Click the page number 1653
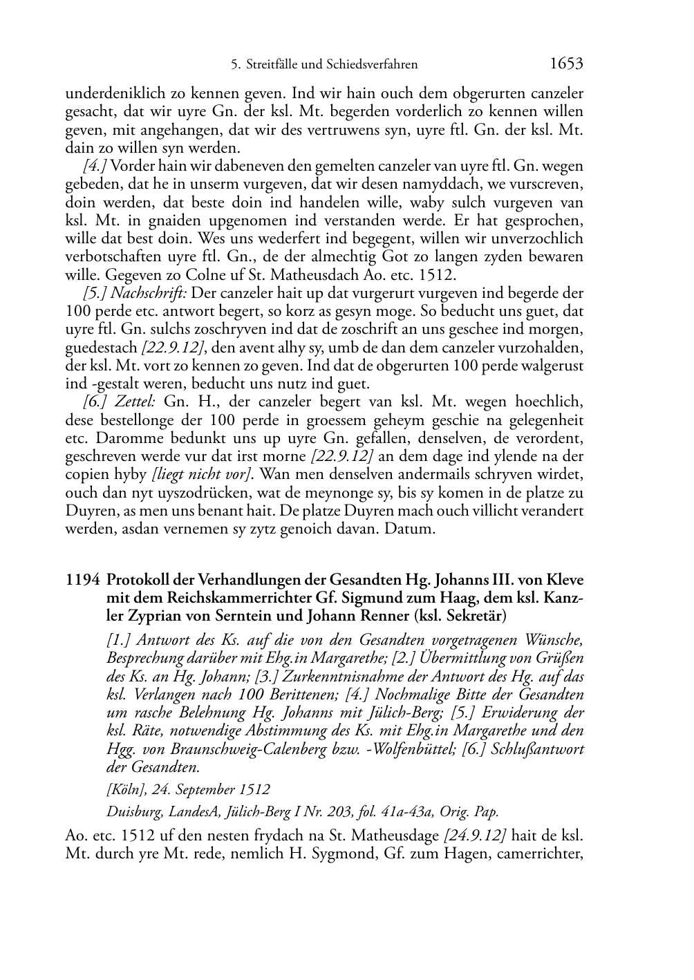(566, 64)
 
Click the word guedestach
(101, 348)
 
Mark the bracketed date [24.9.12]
(474, 836)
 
